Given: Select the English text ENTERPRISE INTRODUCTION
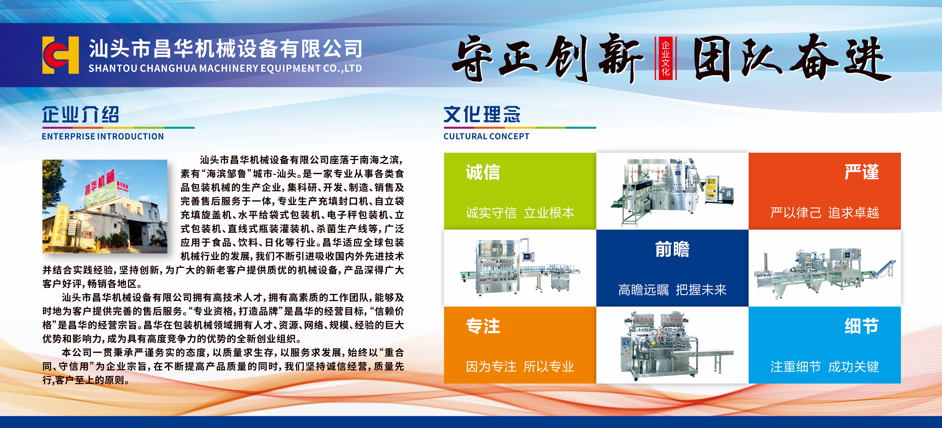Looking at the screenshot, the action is pos(103,136).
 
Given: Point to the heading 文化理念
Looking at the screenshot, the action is pos(482,114).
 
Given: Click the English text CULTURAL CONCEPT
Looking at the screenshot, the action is pos(486,136).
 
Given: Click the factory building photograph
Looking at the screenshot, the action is pos(105,207).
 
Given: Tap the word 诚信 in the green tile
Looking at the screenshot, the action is pos(483,172).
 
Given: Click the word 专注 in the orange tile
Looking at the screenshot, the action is pos(483,326).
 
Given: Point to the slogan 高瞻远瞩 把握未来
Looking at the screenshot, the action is pos(672,290).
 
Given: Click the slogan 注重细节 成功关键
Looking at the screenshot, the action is pos(825,367).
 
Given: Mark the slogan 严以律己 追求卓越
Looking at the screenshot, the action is pos(825,213).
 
